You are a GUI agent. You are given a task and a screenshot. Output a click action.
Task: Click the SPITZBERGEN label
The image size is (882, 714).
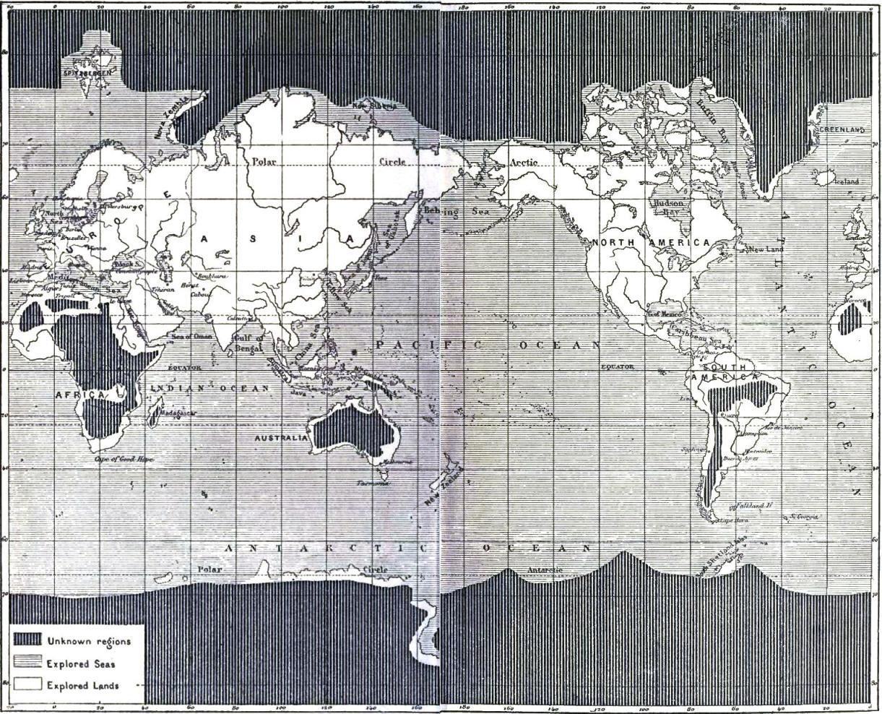[x=85, y=73]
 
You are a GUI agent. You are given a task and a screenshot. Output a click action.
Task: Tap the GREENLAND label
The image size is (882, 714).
[x=842, y=129]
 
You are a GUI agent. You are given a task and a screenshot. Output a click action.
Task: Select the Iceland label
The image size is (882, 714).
[x=846, y=181]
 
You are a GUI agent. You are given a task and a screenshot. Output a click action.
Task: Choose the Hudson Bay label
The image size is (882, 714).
[x=667, y=208]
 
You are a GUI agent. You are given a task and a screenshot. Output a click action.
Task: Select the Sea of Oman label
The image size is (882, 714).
[x=191, y=337]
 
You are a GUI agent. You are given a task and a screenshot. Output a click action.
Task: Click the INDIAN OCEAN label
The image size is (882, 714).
[x=209, y=388]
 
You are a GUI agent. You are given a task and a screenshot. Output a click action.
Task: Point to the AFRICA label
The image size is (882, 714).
[x=80, y=395]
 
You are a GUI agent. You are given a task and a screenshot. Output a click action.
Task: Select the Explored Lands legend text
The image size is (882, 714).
[x=82, y=685]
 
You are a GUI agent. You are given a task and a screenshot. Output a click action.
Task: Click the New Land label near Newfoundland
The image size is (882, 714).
[x=765, y=249]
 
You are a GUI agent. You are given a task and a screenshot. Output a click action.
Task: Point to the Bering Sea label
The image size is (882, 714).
[x=459, y=212]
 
